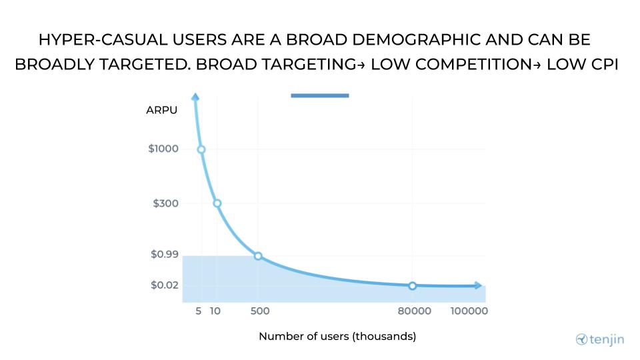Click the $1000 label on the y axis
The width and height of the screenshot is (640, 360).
coord(163,149)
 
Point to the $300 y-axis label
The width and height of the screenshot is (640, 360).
coord(165,203)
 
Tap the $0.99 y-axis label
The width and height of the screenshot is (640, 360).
coord(164,254)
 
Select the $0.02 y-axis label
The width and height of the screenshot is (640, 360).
coord(164,285)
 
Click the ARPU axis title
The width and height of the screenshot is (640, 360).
coord(162,110)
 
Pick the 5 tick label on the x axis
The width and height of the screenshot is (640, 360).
coord(199,311)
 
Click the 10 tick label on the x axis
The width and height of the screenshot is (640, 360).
coord(215,311)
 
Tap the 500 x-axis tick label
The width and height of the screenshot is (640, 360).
coord(259,311)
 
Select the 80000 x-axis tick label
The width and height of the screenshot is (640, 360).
coord(415,311)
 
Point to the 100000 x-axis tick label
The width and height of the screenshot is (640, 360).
coord(469,311)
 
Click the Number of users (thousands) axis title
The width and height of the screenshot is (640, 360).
coord(337,337)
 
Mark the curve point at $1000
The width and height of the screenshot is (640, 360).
coord(201,149)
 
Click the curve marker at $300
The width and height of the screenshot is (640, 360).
coord(217,203)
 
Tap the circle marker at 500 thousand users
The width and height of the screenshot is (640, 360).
coord(258,256)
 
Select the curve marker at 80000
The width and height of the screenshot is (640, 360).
coord(412,286)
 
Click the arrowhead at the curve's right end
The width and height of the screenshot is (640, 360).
coord(477,285)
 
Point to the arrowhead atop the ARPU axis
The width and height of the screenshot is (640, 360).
coord(195,97)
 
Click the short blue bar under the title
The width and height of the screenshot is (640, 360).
coord(320,95)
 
